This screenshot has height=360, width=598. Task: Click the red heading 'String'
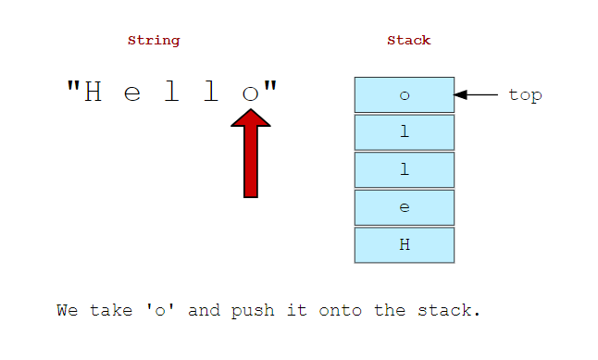(x=154, y=41)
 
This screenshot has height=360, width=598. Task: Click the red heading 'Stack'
(x=408, y=41)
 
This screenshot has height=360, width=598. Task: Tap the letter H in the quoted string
(x=93, y=92)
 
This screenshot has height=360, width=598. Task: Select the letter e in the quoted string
(x=132, y=93)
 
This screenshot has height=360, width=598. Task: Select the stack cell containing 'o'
(x=405, y=94)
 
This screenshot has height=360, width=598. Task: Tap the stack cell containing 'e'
(x=405, y=207)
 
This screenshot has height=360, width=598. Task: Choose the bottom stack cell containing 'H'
(x=405, y=245)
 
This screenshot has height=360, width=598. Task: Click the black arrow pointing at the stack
(x=477, y=94)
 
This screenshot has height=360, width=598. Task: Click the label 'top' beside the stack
(x=525, y=94)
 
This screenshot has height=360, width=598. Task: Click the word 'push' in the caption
(x=255, y=310)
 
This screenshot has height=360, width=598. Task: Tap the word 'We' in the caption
(x=67, y=310)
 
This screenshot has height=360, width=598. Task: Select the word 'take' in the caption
(x=110, y=310)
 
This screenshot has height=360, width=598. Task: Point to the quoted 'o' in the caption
(x=164, y=310)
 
